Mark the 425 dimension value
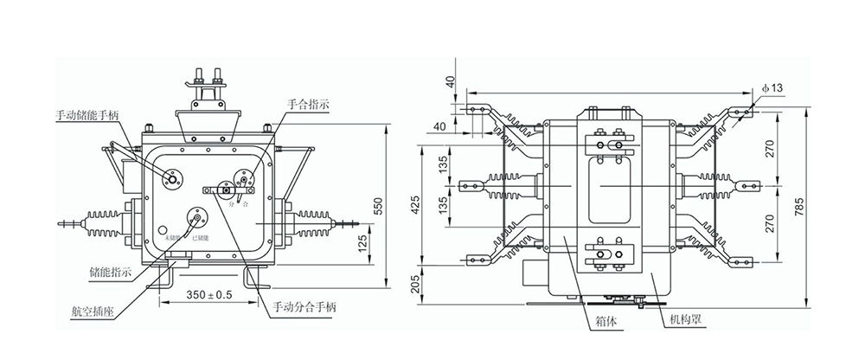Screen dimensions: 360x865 click(x=415, y=204)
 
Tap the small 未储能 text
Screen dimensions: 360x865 click(x=173, y=235)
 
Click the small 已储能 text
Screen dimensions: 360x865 click(x=200, y=235)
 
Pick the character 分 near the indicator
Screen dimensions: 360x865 click(x=231, y=206)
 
